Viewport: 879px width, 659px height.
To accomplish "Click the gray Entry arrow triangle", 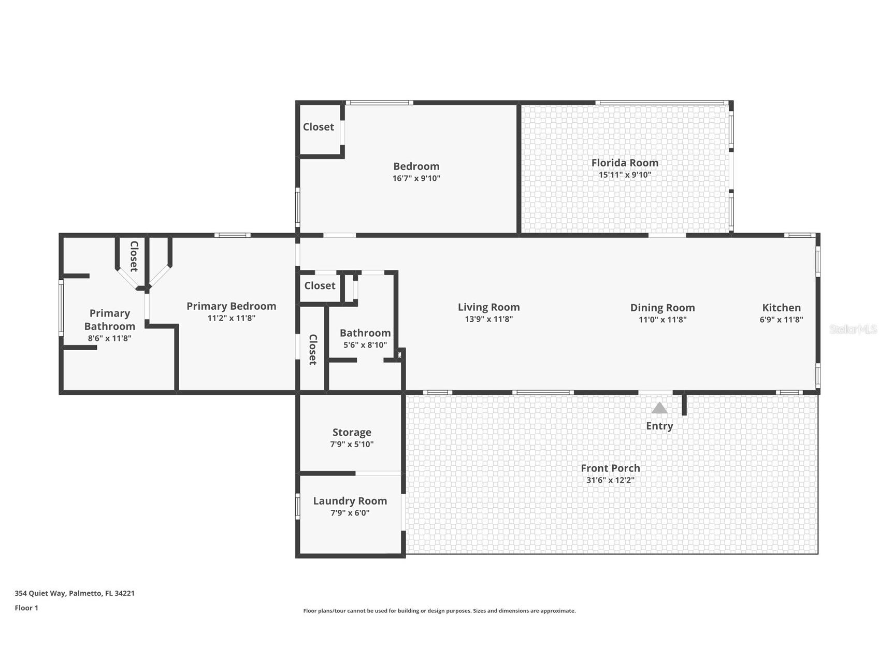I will [x=659, y=409].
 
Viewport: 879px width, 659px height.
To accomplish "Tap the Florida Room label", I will [x=625, y=163].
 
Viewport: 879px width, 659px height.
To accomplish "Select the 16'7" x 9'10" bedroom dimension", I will [x=416, y=178].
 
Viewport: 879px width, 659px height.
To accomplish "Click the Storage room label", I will [x=352, y=432].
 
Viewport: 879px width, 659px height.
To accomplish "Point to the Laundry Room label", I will [x=350, y=501].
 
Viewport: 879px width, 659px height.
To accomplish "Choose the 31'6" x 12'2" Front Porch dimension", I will [x=610, y=480].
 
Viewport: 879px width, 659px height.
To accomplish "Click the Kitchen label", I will [x=781, y=308].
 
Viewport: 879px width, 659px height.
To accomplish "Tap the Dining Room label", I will [x=662, y=308].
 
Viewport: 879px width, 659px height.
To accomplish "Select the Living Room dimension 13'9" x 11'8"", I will [x=488, y=319].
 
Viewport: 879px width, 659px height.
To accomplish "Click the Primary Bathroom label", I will [x=109, y=320].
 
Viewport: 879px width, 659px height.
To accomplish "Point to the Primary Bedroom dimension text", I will [x=231, y=318].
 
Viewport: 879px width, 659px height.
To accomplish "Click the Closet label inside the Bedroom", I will [x=318, y=127].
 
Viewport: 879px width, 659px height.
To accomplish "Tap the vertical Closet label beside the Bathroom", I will [x=313, y=350].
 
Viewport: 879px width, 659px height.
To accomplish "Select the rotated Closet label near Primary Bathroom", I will [x=134, y=256].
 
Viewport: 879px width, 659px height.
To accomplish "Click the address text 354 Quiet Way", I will [x=75, y=593].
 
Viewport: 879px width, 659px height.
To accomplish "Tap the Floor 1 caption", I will [x=26, y=608].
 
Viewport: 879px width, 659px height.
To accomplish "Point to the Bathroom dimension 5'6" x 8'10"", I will [x=365, y=345].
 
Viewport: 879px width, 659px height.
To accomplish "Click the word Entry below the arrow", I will [x=659, y=426].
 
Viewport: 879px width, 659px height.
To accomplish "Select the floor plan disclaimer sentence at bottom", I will [x=439, y=611].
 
